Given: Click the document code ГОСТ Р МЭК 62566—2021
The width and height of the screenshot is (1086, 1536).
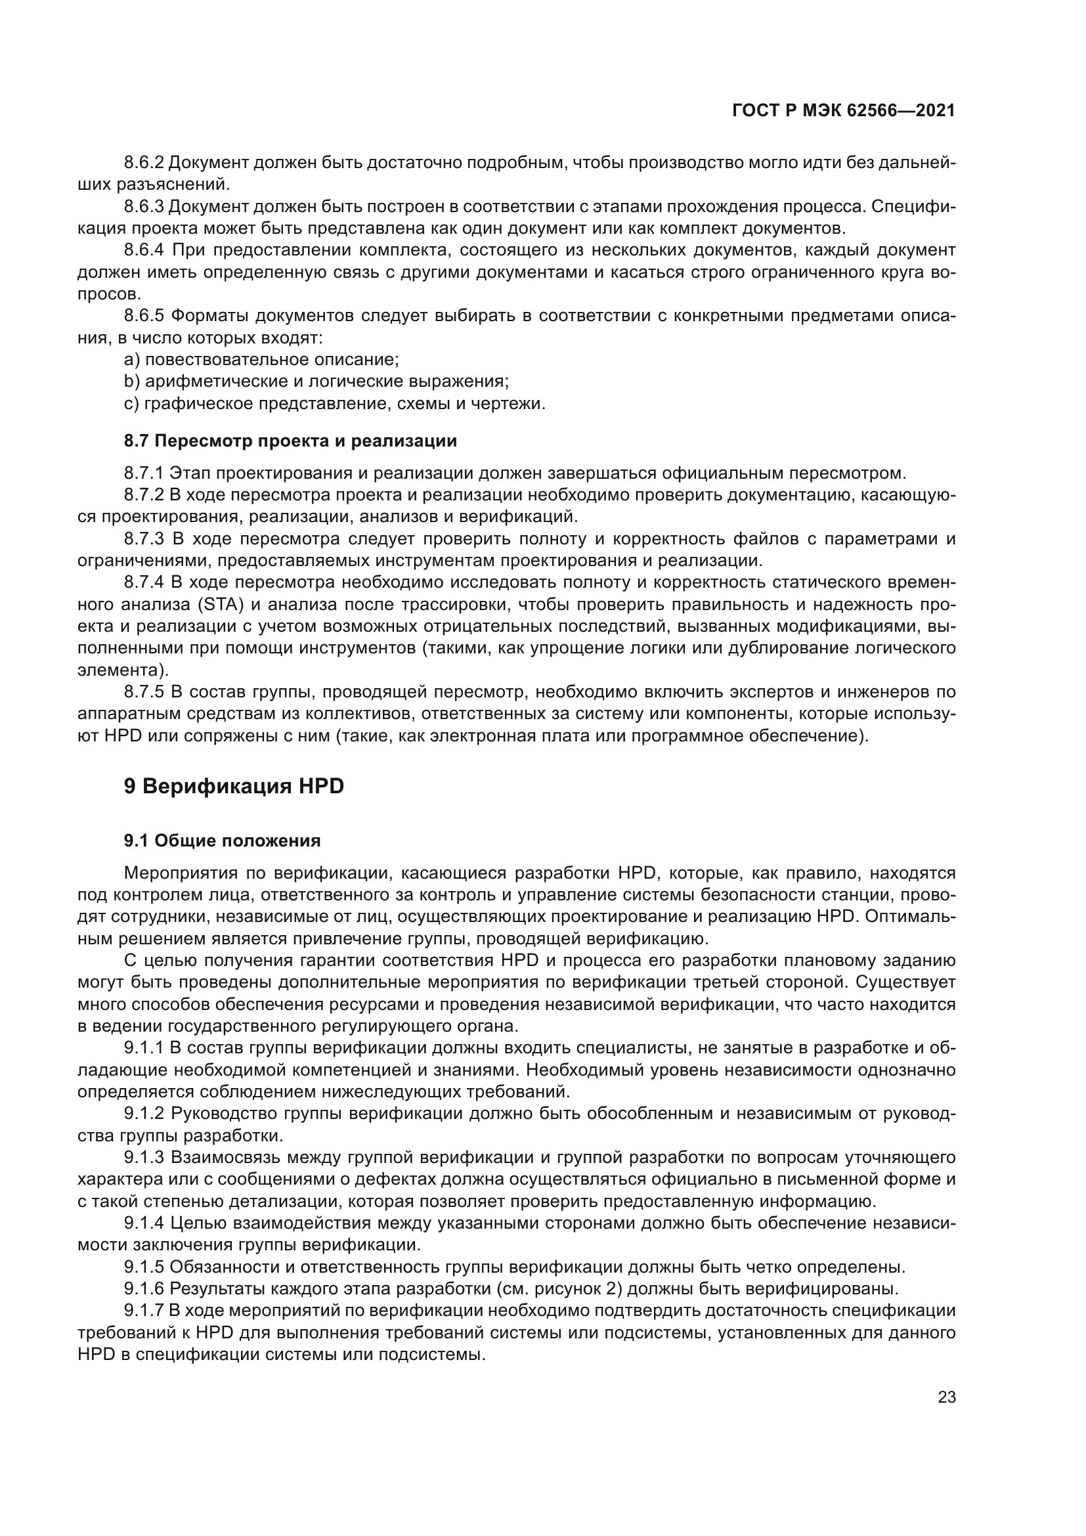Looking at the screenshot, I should [843, 111].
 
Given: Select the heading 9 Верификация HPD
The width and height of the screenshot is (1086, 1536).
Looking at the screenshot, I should [233, 786].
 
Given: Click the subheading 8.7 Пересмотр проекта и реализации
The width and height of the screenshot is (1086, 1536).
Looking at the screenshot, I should [290, 441].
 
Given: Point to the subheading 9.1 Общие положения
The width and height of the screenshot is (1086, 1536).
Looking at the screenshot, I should [222, 841].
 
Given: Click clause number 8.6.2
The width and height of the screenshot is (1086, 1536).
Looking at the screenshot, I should [144, 163].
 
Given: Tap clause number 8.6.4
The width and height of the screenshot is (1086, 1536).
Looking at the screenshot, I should [144, 250].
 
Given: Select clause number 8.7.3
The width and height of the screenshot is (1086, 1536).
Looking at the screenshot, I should [144, 538].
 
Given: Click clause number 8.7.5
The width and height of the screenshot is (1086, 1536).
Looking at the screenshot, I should [144, 691].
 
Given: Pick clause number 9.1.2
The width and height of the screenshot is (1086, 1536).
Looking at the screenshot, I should [144, 1114].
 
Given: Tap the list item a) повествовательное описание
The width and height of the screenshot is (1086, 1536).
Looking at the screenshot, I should [261, 360].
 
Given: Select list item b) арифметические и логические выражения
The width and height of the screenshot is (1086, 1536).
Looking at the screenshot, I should [316, 382].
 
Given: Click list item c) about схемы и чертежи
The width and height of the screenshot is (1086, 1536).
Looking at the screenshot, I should [334, 403].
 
